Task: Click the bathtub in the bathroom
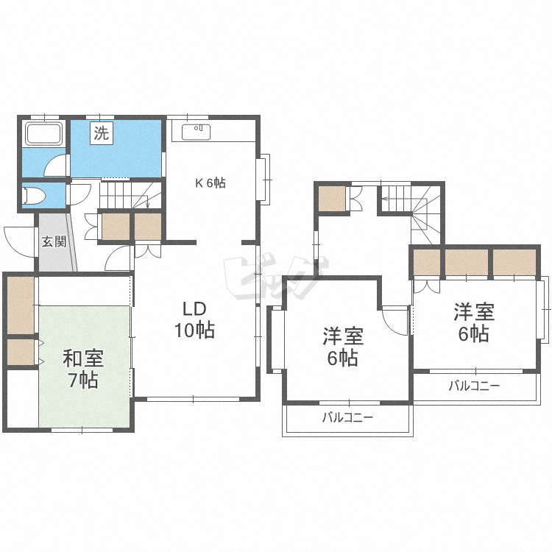(x=43, y=133)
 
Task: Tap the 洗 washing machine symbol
(x=102, y=132)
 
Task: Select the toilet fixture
(x=34, y=195)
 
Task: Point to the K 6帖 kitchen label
(x=210, y=183)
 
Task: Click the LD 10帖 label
(x=195, y=319)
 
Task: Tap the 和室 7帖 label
(x=83, y=369)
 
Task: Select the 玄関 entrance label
(x=54, y=242)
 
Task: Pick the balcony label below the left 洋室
(x=347, y=417)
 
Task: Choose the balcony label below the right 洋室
(x=474, y=386)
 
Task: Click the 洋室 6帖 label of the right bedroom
(x=474, y=322)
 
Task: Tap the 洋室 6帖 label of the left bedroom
(x=343, y=347)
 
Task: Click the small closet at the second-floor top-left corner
(x=332, y=199)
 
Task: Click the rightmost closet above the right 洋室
(x=514, y=263)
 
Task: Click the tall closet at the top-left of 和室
(x=21, y=305)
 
